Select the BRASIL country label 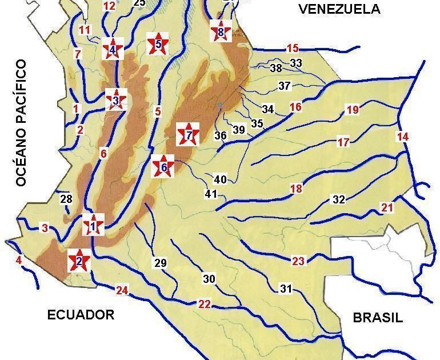point(378,318)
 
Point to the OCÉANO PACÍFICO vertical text point(22,123)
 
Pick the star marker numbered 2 point(79,262)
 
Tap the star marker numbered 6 point(163,167)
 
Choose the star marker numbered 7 point(189,135)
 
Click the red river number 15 point(293,48)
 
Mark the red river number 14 point(403,137)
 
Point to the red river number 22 point(205,304)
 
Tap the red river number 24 point(122,290)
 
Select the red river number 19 point(353,110)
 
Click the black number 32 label point(339,199)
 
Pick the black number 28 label point(66,199)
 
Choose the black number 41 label point(211,194)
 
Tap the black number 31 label point(286,289)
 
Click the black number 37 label point(285,86)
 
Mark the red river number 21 point(387,207)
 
